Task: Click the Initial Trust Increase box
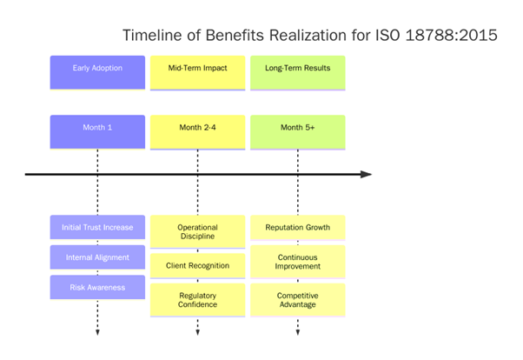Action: tap(97, 228)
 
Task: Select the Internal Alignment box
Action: tap(97, 258)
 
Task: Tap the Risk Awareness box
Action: tap(97, 287)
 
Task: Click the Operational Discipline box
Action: tap(197, 231)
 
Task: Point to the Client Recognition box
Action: tap(197, 264)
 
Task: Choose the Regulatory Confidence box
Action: tap(197, 300)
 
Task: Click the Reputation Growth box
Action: tap(298, 228)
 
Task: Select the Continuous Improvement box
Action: tap(298, 262)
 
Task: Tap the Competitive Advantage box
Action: tap(298, 300)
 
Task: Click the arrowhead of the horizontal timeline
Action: tap(366, 175)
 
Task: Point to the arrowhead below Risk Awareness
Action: tap(97, 331)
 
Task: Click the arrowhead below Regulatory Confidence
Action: tap(197, 331)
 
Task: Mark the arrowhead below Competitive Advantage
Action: tap(298, 331)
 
